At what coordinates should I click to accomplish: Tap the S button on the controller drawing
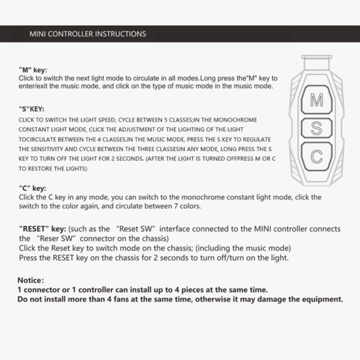pos(316,128)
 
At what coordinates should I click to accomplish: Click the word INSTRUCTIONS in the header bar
pos(121,34)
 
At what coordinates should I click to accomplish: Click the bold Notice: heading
pos(30,280)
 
